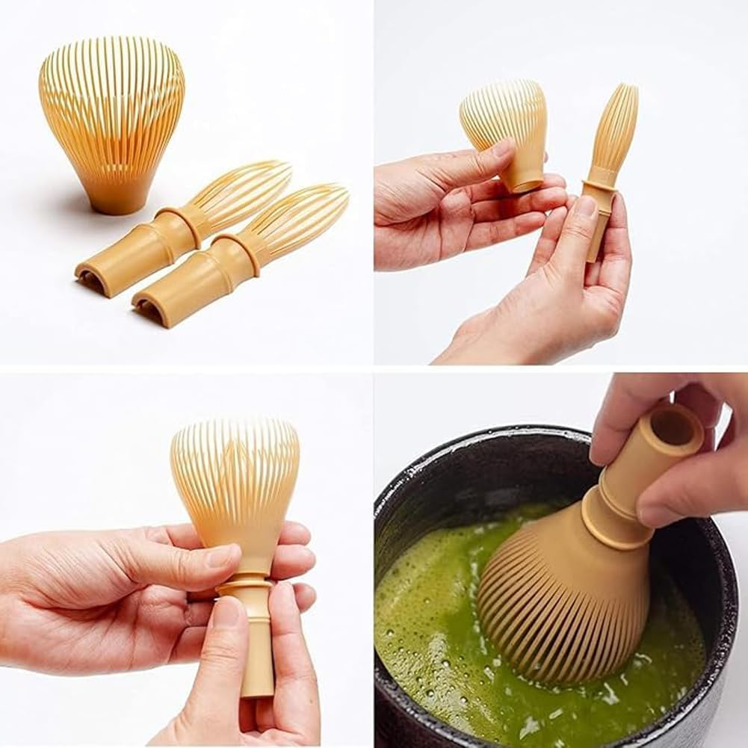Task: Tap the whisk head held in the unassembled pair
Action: (504, 127)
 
